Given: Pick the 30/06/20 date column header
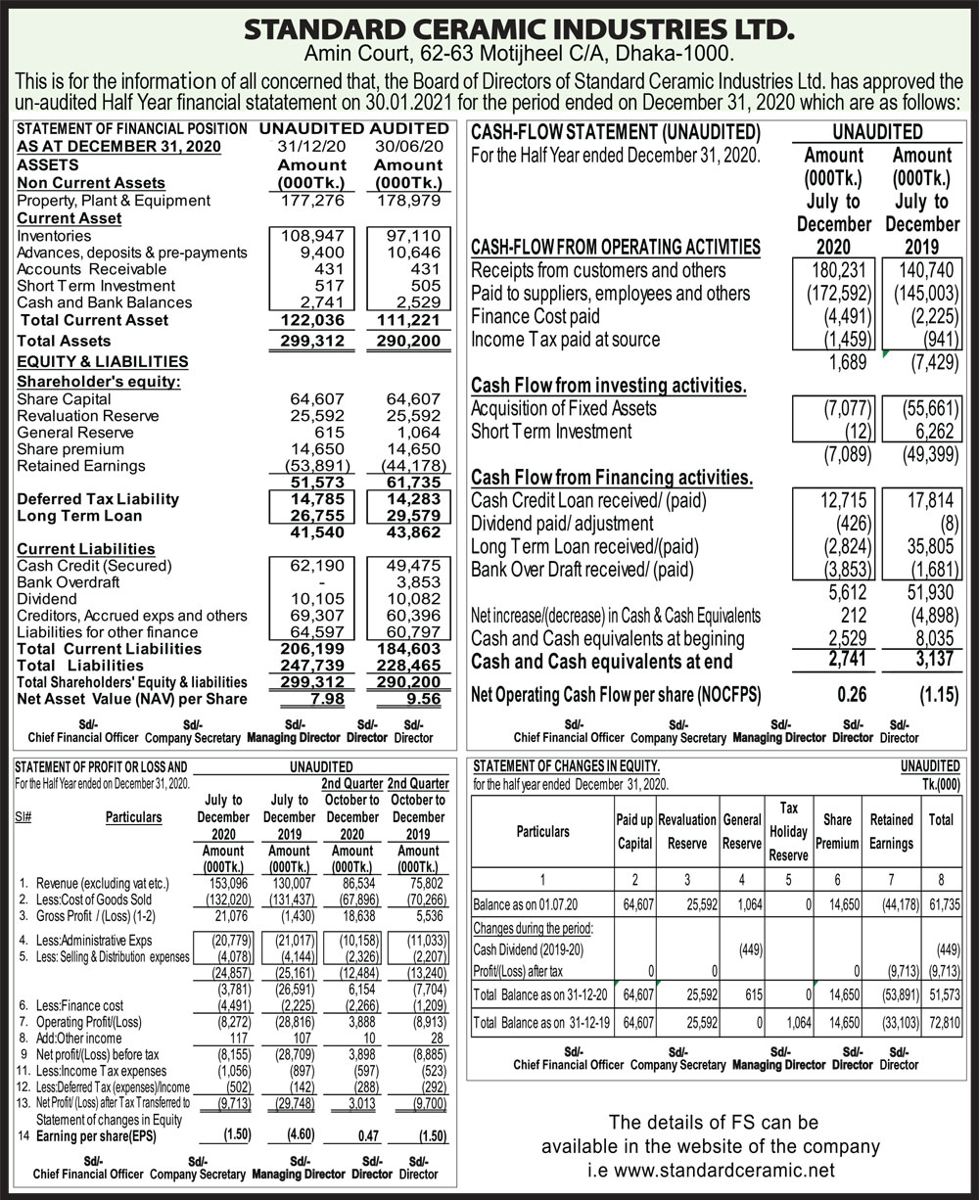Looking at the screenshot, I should pyautogui.click(x=409, y=146).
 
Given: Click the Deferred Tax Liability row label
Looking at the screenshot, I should pyautogui.click(x=98, y=499).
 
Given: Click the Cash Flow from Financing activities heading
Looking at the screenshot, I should pyautogui.click(x=612, y=478).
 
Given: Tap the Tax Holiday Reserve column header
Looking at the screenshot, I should pyautogui.click(x=788, y=831).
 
